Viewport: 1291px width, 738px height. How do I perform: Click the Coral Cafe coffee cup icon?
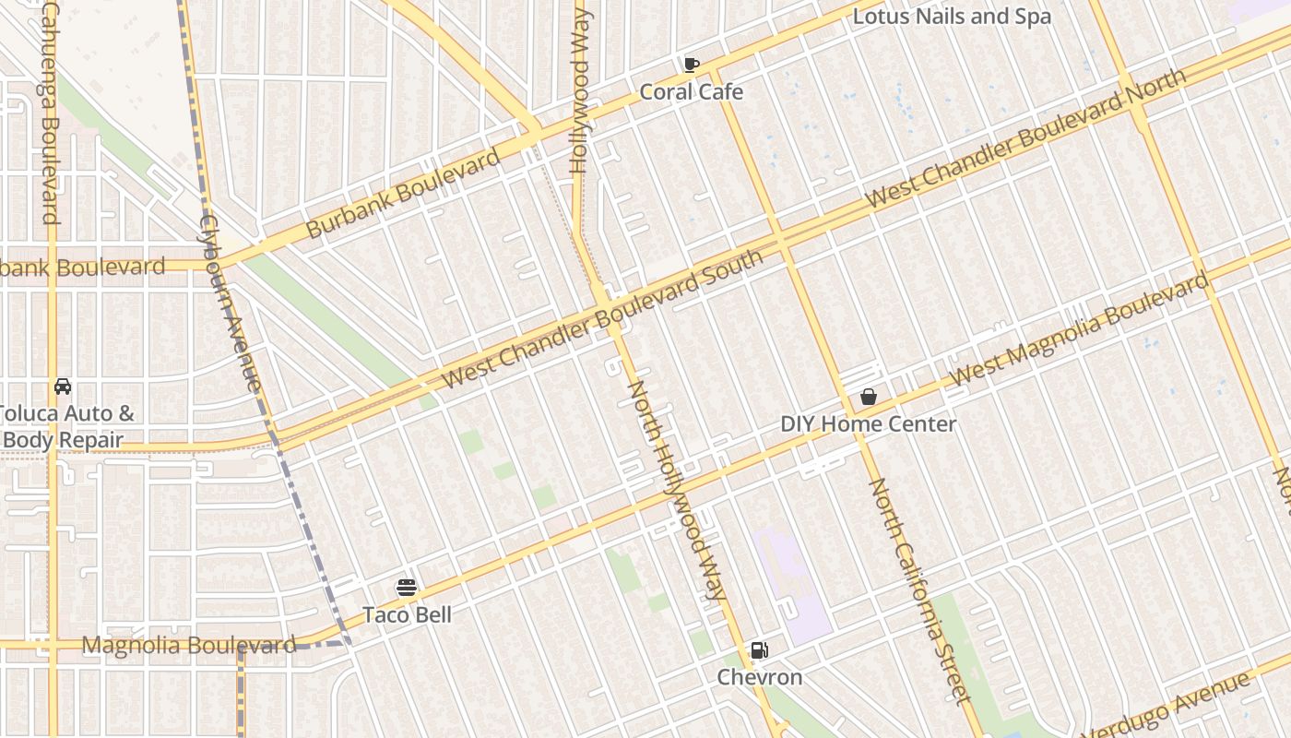[691, 65]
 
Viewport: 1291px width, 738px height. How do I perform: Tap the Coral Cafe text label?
[691, 92]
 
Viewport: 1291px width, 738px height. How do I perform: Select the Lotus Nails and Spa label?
[951, 17]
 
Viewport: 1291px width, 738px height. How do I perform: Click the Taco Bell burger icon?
[406, 588]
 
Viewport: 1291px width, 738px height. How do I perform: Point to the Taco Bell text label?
[407, 614]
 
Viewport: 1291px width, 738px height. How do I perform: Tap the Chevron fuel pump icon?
[759, 650]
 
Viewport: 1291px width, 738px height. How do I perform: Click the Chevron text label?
[760, 677]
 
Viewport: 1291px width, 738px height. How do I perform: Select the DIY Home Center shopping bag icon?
[868, 398]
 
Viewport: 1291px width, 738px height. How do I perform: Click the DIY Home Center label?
[868, 424]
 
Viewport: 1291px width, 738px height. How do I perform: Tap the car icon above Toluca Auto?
[63, 387]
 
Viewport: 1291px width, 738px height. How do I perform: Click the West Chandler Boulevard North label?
[1025, 138]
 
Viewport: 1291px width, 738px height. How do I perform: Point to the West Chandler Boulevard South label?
[603, 319]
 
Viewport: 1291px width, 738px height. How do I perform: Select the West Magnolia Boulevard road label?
[1078, 329]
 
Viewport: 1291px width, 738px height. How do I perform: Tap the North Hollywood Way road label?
[677, 489]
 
